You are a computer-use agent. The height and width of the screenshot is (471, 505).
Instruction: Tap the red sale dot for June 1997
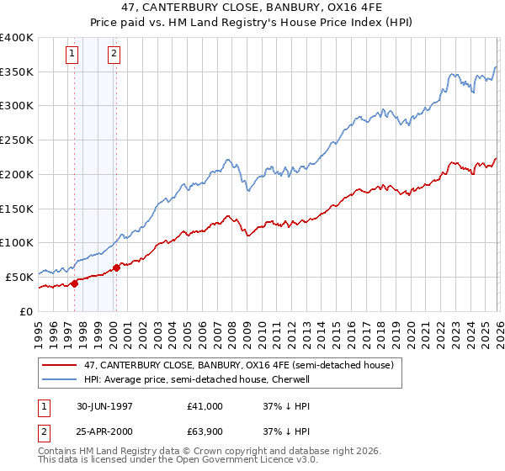tap(74, 283)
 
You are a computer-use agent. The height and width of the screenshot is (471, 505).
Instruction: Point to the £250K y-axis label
tap(17, 140)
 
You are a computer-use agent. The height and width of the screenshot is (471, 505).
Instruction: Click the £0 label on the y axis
tap(26, 311)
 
